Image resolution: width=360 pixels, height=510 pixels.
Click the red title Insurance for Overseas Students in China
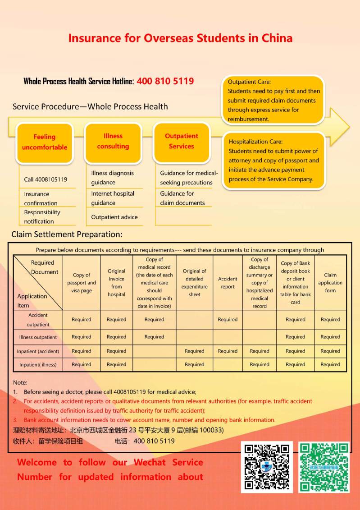pos(180,38)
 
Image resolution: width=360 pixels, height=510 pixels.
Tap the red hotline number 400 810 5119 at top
pos(165,81)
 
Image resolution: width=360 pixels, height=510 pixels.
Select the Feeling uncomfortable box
pos(45,142)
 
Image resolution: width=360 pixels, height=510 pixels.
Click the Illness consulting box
pos(113,141)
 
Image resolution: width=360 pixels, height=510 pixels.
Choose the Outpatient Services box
pos(181,141)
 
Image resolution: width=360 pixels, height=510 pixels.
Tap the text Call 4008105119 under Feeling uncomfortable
pos(46,179)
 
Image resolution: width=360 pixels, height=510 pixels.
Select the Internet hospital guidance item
pos(113,198)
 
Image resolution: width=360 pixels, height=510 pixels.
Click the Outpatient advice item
pos(114,217)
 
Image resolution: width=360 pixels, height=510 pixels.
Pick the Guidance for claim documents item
pos(182,198)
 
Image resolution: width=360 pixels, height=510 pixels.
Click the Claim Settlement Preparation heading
pos(67,234)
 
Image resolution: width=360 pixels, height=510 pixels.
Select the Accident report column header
pos(228,283)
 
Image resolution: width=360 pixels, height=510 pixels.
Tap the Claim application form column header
pos(330,283)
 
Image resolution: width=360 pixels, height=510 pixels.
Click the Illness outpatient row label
pos(38,337)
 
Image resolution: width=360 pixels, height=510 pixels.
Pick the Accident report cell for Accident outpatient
pos(228,320)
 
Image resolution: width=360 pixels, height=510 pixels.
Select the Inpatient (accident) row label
pos(38,351)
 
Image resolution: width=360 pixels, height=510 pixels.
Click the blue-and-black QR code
pos(267,467)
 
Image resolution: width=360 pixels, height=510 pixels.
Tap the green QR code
pos(324,467)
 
